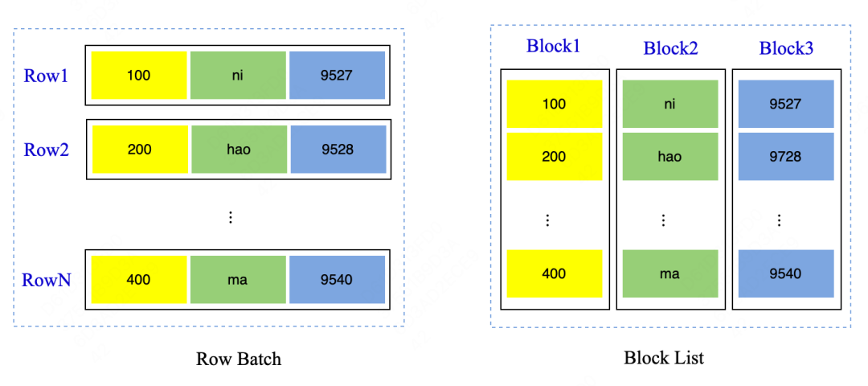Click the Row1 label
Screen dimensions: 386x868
[x=46, y=76]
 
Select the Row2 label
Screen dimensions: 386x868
[x=46, y=150]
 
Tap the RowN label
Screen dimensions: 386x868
[x=47, y=280]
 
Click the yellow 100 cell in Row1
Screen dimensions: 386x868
[x=139, y=76]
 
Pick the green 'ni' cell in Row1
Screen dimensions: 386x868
[x=238, y=76]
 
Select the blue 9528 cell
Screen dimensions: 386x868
[x=338, y=150]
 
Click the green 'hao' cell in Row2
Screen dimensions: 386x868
[x=238, y=150]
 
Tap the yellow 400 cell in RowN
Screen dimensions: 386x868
[x=139, y=280]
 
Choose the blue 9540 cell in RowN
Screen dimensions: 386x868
[x=338, y=280]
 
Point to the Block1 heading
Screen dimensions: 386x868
[x=553, y=46]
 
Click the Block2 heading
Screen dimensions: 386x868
[x=670, y=48]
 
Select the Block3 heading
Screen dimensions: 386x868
[x=786, y=48]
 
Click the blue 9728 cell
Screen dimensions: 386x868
[x=785, y=157]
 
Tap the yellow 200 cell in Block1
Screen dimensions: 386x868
[x=554, y=157]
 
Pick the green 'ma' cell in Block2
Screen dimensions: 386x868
[x=669, y=273]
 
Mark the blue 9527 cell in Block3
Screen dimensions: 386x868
[x=785, y=104]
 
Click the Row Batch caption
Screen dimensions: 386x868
[x=239, y=359]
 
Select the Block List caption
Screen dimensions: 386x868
[x=664, y=358]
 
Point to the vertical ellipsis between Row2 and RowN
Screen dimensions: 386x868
[x=231, y=217]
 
